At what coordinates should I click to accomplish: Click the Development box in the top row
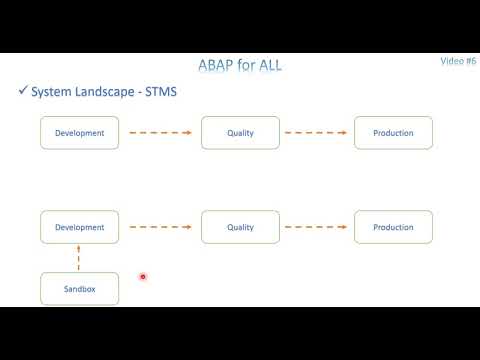tap(80, 133)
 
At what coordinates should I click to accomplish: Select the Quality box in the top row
tap(240, 133)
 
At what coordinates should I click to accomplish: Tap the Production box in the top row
tap(393, 133)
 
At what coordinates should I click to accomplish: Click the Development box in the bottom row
tap(80, 227)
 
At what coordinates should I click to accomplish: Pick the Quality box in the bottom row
tap(240, 227)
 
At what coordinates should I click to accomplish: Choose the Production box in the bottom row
tap(393, 227)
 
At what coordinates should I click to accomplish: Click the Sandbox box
tap(80, 289)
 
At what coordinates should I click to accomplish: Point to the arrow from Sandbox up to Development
tap(80, 258)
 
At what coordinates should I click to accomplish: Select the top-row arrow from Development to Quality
tap(160, 133)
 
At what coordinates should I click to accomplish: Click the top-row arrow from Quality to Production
tap(318, 133)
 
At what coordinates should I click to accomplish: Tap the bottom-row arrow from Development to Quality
tap(160, 227)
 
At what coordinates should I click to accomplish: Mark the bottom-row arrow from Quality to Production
tap(318, 227)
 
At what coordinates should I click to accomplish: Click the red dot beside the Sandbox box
tap(144, 277)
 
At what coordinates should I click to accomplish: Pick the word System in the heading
tap(50, 92)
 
